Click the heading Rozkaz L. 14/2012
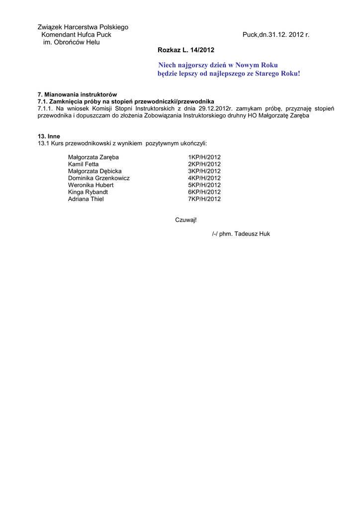tap(186, 50)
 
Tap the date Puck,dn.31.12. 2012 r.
tap(276, 35)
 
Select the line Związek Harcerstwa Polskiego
tap(83, 27)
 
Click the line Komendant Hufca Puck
tap(76, 35)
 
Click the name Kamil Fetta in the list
tap(84, 164)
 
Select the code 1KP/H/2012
tap(204, 157)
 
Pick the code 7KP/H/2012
tap(204, 199)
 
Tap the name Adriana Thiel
tap(86, 199)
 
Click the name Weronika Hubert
tap(91, 185)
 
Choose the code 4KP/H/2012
tap(204, 178)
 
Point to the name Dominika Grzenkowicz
tap(99, 178)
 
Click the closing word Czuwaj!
tap(186, 220)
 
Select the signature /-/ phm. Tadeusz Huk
tap(241, 234)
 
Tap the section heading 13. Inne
tap(49, 136)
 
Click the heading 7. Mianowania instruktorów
tap(77, 94)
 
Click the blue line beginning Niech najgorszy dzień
tap(218, 65)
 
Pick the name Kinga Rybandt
tap(88, 192)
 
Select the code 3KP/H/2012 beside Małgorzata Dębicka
tap(204, 171)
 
